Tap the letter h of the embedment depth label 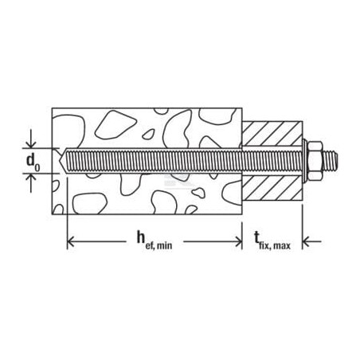coord(141,237)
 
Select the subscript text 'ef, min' coord(158,245)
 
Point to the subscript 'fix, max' coord(275,245)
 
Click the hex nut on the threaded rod coord(315,161)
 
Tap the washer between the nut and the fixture coord(305,161)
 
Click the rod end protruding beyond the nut coord(331,161)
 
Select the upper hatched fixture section coord(272,133)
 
